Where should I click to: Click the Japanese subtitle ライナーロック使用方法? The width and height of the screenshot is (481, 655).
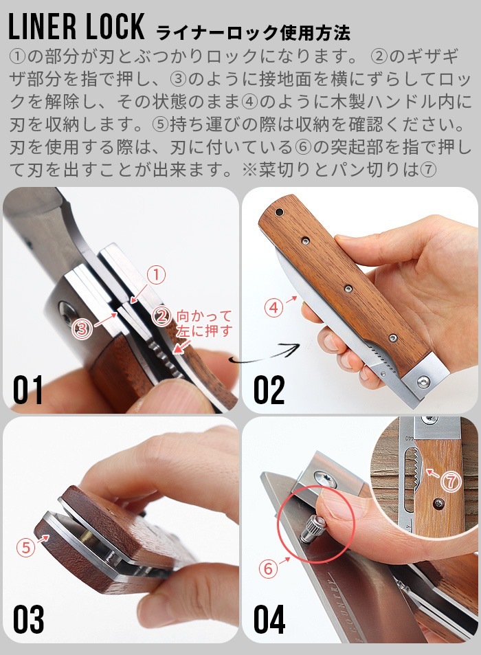coord(253,32)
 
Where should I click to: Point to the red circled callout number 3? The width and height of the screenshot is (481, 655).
coord(82,329)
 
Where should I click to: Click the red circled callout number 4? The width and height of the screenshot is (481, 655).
coord(273,308)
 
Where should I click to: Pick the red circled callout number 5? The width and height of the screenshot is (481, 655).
coord(26,548)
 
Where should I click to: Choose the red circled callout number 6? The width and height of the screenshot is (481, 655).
coord(267,568)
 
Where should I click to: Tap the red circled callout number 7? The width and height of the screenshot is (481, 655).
coord(450,482)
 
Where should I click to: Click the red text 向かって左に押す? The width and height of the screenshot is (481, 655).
coord(204,324)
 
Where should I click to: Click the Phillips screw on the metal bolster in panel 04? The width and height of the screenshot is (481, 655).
coord(321,477)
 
